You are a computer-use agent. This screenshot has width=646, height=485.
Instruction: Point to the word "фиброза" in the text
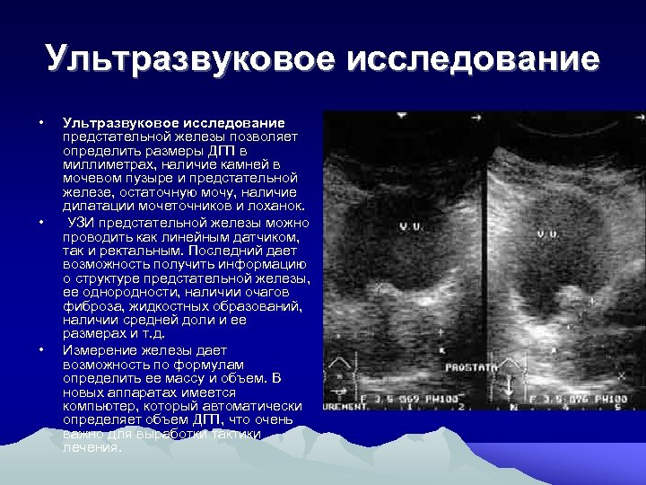pos(89,306)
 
